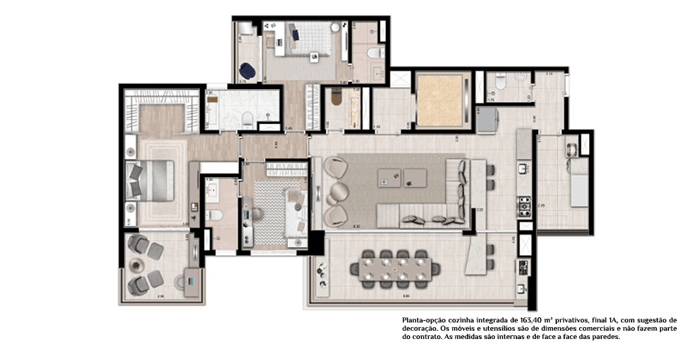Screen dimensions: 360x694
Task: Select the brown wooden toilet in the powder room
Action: click(336, 97)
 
